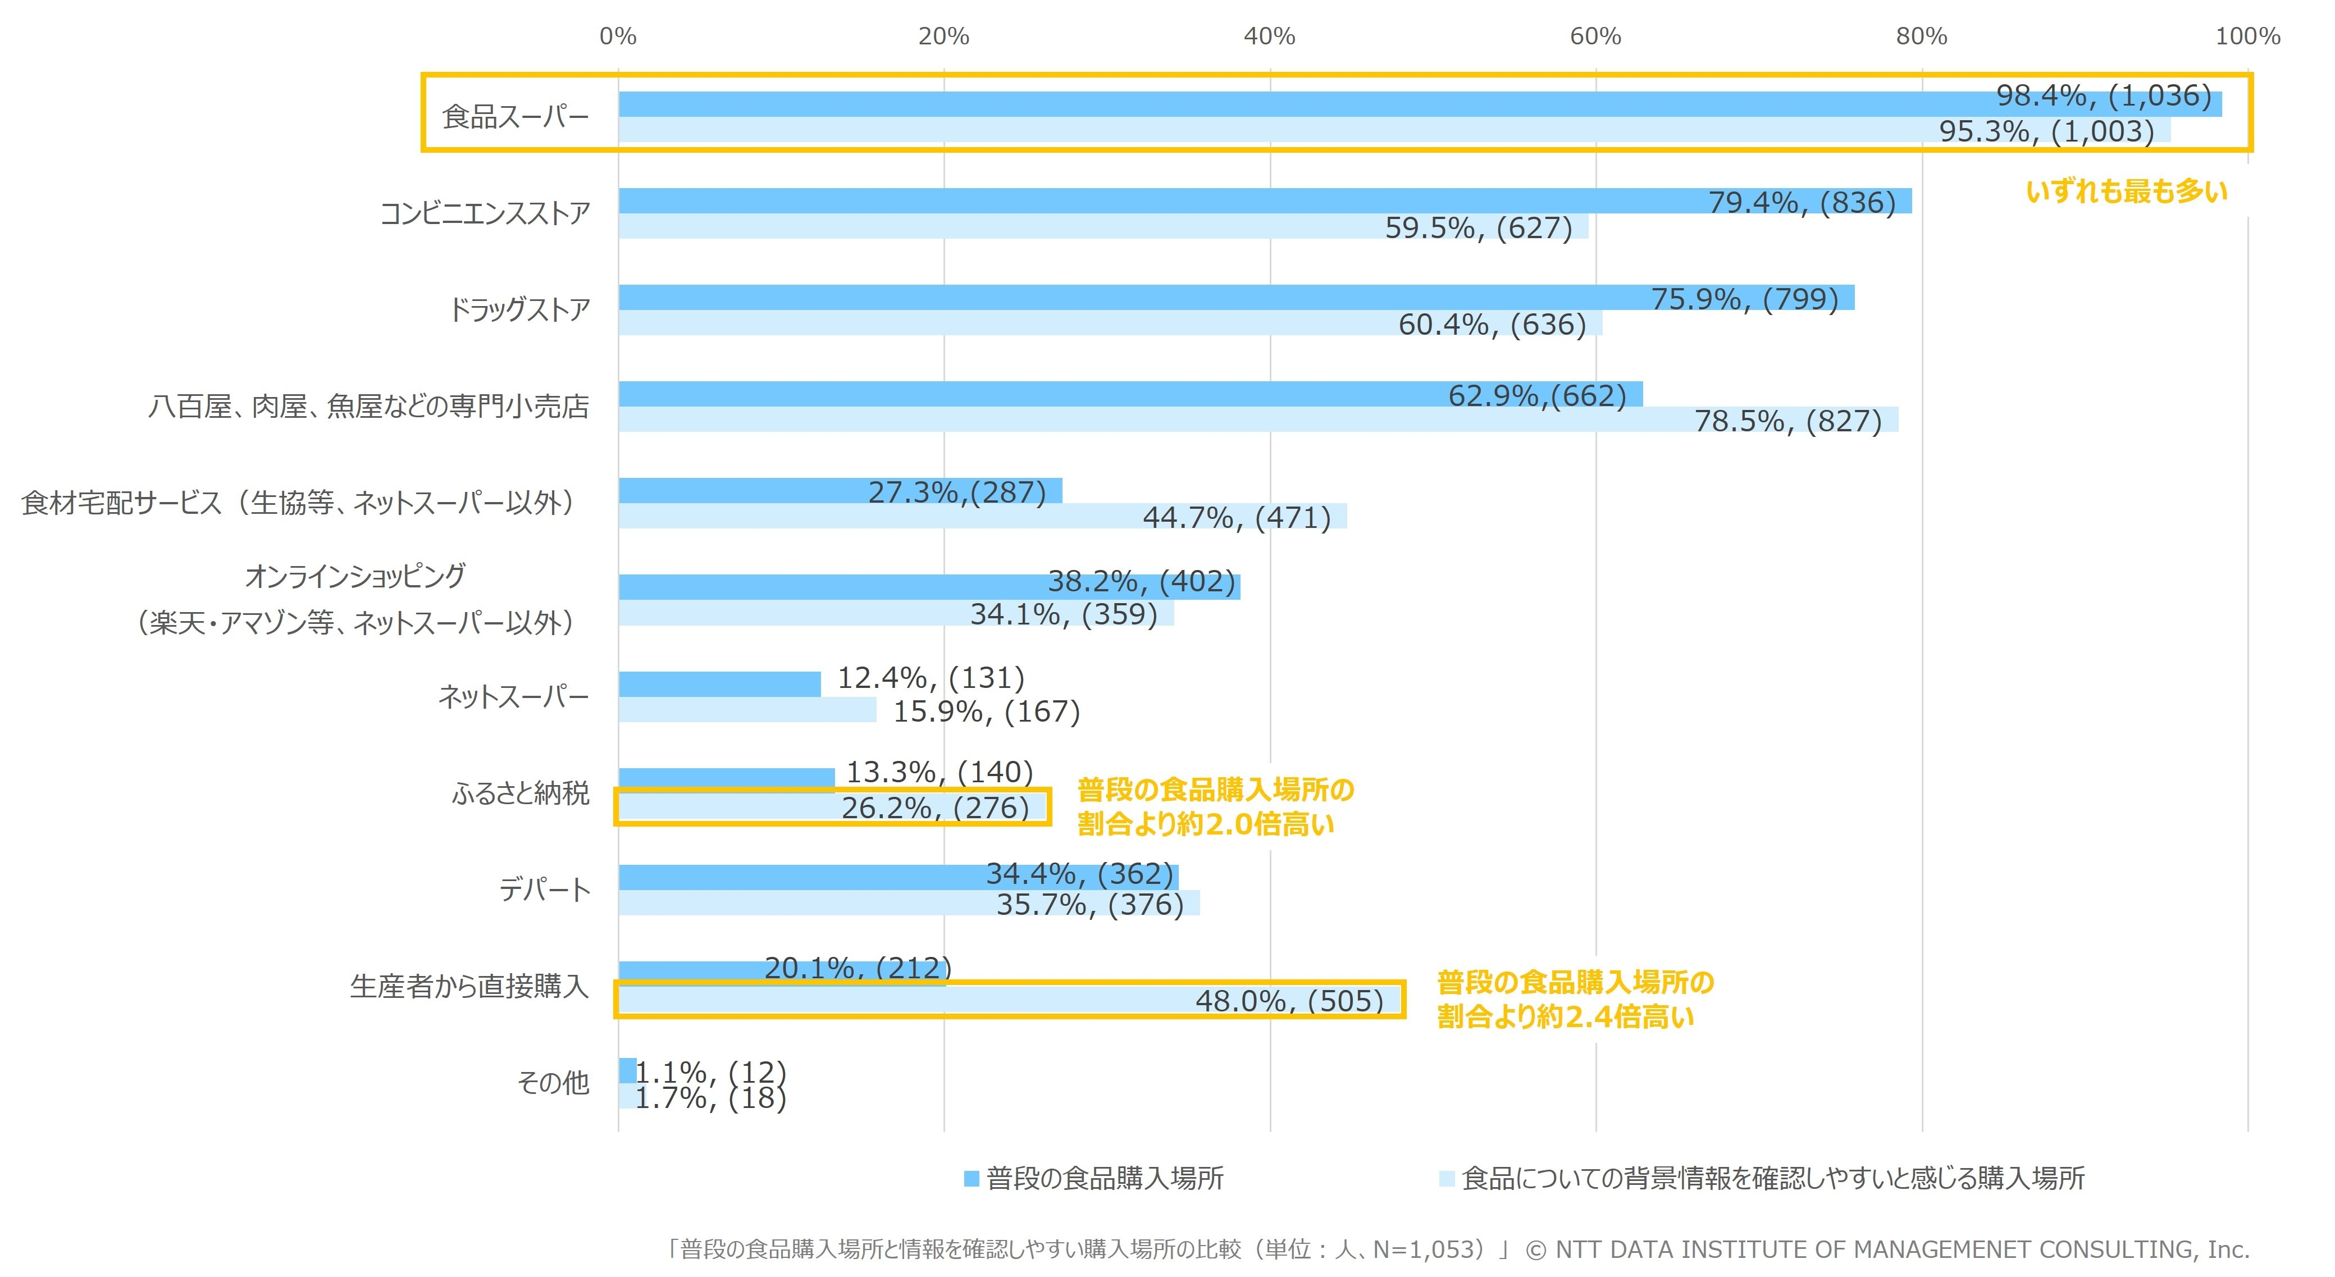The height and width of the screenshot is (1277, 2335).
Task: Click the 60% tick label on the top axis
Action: coord(1595,37)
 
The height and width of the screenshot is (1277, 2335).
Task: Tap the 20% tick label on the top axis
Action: coord(943,37)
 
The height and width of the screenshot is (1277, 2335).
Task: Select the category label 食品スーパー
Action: coord(515,117)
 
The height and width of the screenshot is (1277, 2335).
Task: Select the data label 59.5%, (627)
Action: coord(1479,229)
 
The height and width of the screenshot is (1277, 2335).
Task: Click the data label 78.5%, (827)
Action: coord(1787,421)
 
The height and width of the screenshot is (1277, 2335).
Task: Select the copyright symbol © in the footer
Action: coord(1535,1251)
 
